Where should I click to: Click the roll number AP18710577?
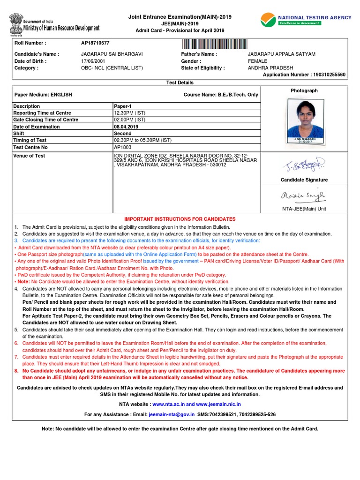95,43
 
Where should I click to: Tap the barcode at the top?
215,44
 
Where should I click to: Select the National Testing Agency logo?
306,20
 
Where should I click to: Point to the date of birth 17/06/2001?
92,61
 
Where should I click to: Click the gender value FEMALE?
257,61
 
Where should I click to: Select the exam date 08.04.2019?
126,127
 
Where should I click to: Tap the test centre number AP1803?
123,147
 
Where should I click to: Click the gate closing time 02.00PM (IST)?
129,120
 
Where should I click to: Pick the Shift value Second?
122,133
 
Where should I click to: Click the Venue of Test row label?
29,156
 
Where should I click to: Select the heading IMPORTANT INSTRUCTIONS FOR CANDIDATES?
180,219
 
